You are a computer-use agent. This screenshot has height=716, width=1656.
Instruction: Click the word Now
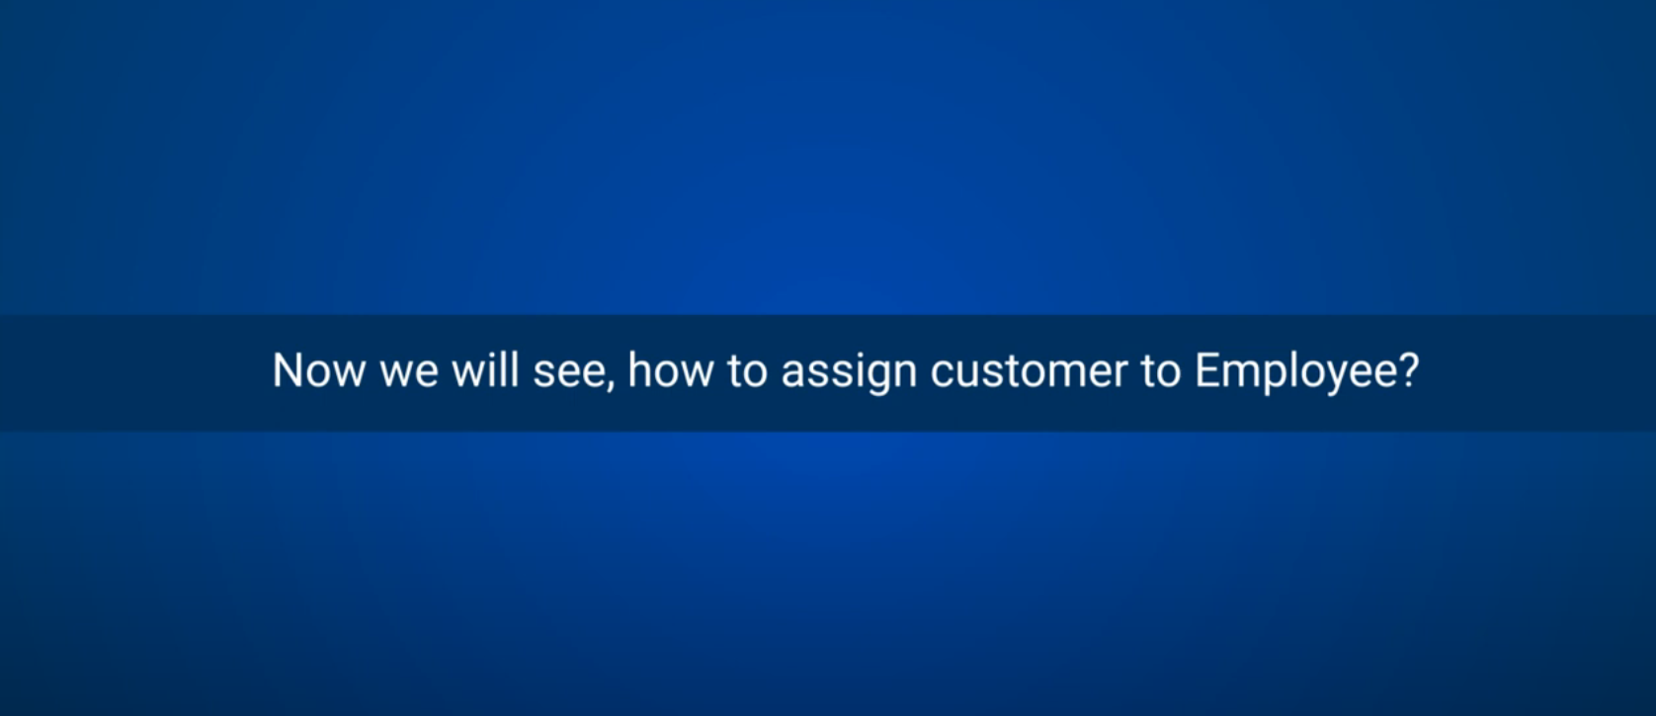pos(318,370)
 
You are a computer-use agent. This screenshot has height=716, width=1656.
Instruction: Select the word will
pos(485,369)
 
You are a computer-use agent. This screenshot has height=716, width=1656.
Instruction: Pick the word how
pos(671,369)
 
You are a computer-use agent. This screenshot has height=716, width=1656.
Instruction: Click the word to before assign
pos(747,371)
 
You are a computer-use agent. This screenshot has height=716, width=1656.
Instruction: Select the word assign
pos(850,372)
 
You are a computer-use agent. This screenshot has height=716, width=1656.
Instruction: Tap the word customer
pos(1030,371)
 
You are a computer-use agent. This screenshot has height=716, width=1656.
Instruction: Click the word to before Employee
pos(1161,371)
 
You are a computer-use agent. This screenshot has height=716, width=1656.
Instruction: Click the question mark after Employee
pos(1408,369)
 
